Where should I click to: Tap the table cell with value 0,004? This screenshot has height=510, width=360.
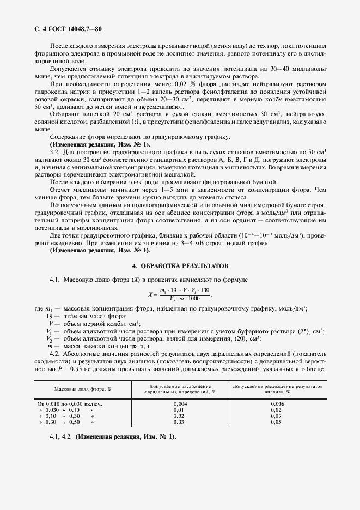[x=180, y=404]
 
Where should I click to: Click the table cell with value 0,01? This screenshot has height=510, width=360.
[x=180, y=410]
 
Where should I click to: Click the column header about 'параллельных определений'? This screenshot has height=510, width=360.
[x=180, y=389]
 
